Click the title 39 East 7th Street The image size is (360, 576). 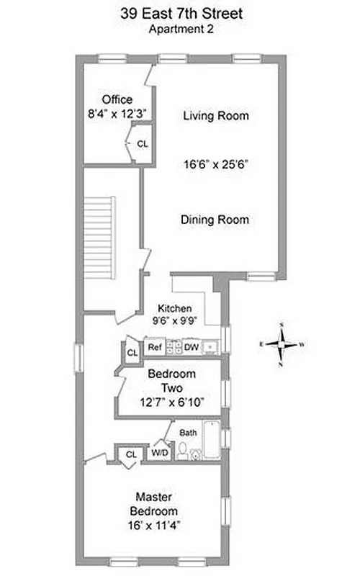tap(180, 14)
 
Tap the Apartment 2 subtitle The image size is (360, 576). tap(180, 30)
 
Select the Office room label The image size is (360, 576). tap(117, 99)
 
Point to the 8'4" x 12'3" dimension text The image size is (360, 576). tap(117, 113)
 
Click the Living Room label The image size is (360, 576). tap(215, 115)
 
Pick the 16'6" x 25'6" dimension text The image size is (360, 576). tap(215, 164)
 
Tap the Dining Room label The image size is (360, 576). tap(215, 220)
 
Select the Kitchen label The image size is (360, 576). tap(174, 308)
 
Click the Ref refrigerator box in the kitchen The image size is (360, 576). tap(154, 347)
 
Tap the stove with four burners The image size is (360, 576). tap(173, 347)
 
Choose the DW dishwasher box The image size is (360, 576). tap(191, 347)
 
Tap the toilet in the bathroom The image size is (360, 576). tap(183, 451)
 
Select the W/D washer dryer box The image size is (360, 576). tap(159, 454)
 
